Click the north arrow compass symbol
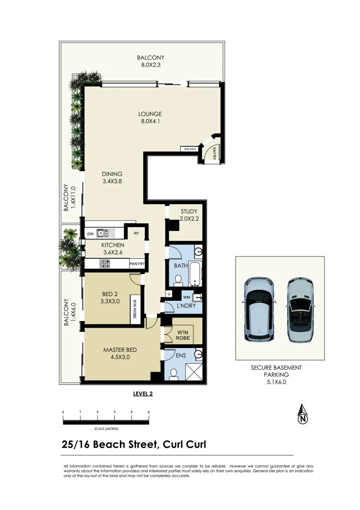[302, 415]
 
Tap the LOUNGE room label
[150, 114]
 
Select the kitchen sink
[102, 233]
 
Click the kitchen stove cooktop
[105, 264]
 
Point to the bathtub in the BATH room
[195, 273]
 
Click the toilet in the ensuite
[173, 374]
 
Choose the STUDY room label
[189, 212]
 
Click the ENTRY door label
[214, 153]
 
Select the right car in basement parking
[301, 310]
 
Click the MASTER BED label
[120, 350]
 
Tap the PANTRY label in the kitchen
[137, 264]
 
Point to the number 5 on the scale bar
[149, 412]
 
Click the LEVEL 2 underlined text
[143, 393]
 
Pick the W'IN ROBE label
[183, 335]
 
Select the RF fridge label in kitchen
[136, 233]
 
